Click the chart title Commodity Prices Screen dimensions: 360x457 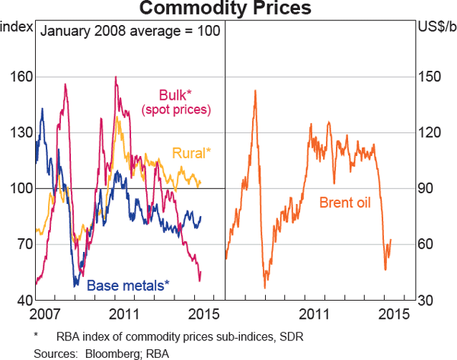click(x=228, y=9)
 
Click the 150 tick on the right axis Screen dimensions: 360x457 click(x=431, y=77)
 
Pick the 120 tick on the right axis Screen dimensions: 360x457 click(x=431, y=132)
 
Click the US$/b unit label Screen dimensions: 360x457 click(x=435, y=29)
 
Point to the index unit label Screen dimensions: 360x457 click(x=17, y=29)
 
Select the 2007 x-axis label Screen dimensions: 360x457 click(x=45, y=314)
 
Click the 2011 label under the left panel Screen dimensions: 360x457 click(x=123, y=314)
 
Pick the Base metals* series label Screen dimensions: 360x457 click(x=127, y=286)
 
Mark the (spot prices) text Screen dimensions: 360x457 click(x=175, y=110)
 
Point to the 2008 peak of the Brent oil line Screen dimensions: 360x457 click(x=254, y=91)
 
